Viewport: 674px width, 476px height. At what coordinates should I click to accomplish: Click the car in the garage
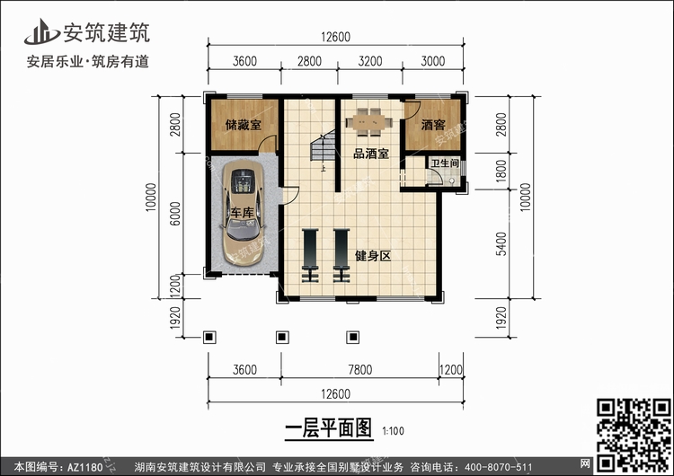pos(243,212)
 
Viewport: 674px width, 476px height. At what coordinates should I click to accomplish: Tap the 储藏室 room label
pos(244,125)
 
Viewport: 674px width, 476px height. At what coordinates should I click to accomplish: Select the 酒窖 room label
pos(433,125)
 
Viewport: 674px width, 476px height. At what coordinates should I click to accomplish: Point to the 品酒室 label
pos(371,154)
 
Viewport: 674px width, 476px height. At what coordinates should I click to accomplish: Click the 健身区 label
pos(373,256)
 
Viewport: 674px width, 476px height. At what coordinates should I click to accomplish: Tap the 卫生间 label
pos(445,163)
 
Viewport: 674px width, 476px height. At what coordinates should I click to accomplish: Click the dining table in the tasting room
pos(369,122)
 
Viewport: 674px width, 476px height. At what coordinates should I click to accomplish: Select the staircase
pos(323,145)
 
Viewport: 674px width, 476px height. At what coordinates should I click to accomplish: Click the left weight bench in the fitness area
pos(310,256)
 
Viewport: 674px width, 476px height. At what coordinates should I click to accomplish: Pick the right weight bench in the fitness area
pos(341,256)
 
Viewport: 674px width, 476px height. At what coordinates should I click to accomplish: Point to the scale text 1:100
pos(394,431)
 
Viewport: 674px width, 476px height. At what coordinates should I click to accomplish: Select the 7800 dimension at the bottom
pos(360,369)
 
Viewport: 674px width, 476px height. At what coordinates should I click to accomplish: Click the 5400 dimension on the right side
pos(501,244)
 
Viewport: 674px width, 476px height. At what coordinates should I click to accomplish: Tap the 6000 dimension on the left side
pos(175,214)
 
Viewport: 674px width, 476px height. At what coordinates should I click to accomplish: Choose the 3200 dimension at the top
pos(370,61)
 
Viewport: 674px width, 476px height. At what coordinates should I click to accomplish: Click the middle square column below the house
pos(282,337)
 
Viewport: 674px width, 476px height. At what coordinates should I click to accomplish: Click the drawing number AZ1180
pos(85,467)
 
